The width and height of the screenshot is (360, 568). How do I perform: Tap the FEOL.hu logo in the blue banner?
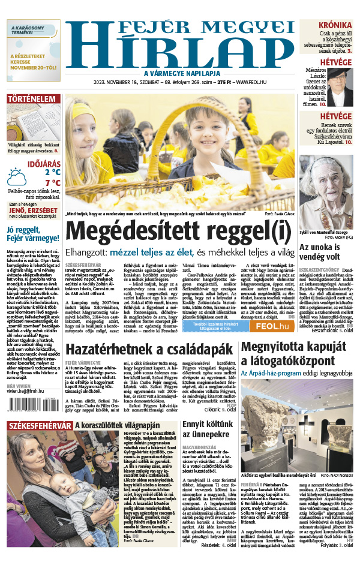click(274, 326)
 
